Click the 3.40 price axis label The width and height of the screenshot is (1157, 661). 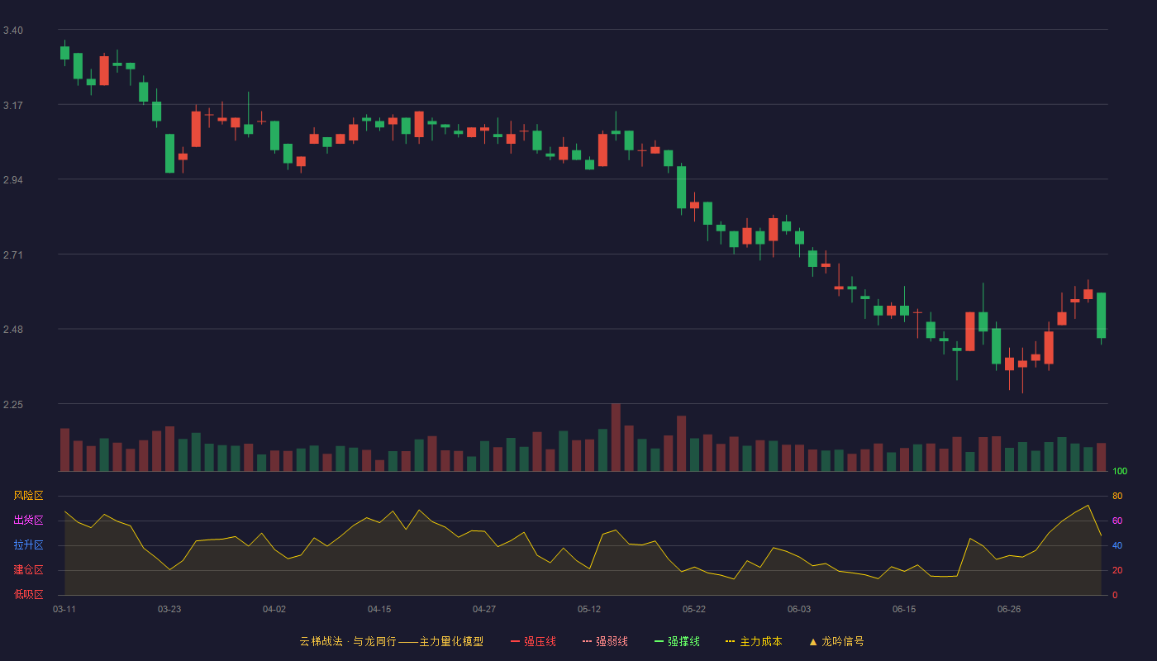point(13,31)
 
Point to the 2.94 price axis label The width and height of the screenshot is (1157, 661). point(13,180)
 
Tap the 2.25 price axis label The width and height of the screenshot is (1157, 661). point(13,404)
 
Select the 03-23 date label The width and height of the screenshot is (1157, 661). point(169,610)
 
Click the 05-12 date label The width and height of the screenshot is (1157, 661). point(589,610)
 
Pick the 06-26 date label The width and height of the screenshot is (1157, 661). point(1009,610)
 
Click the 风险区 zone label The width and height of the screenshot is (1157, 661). point(28,496)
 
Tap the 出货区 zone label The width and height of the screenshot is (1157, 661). point(28,520)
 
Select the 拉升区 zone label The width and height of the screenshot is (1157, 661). point(28,544)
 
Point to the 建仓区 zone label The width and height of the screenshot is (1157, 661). point(28,569)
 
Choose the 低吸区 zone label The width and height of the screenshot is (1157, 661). point(28,594)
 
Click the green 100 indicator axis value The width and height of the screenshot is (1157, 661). point(1120,471)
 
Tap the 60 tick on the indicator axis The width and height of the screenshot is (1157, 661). point(1117,521)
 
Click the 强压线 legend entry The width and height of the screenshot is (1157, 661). point(533,641)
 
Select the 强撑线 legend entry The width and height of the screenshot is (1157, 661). point(677,641)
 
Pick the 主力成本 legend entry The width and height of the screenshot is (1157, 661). point(754,641)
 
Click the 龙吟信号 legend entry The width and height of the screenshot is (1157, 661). point(836,641)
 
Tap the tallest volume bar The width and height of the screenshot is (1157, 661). point(616,437)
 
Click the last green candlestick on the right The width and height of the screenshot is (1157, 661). point(1101,316)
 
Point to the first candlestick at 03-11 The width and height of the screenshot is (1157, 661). point(64,53)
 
